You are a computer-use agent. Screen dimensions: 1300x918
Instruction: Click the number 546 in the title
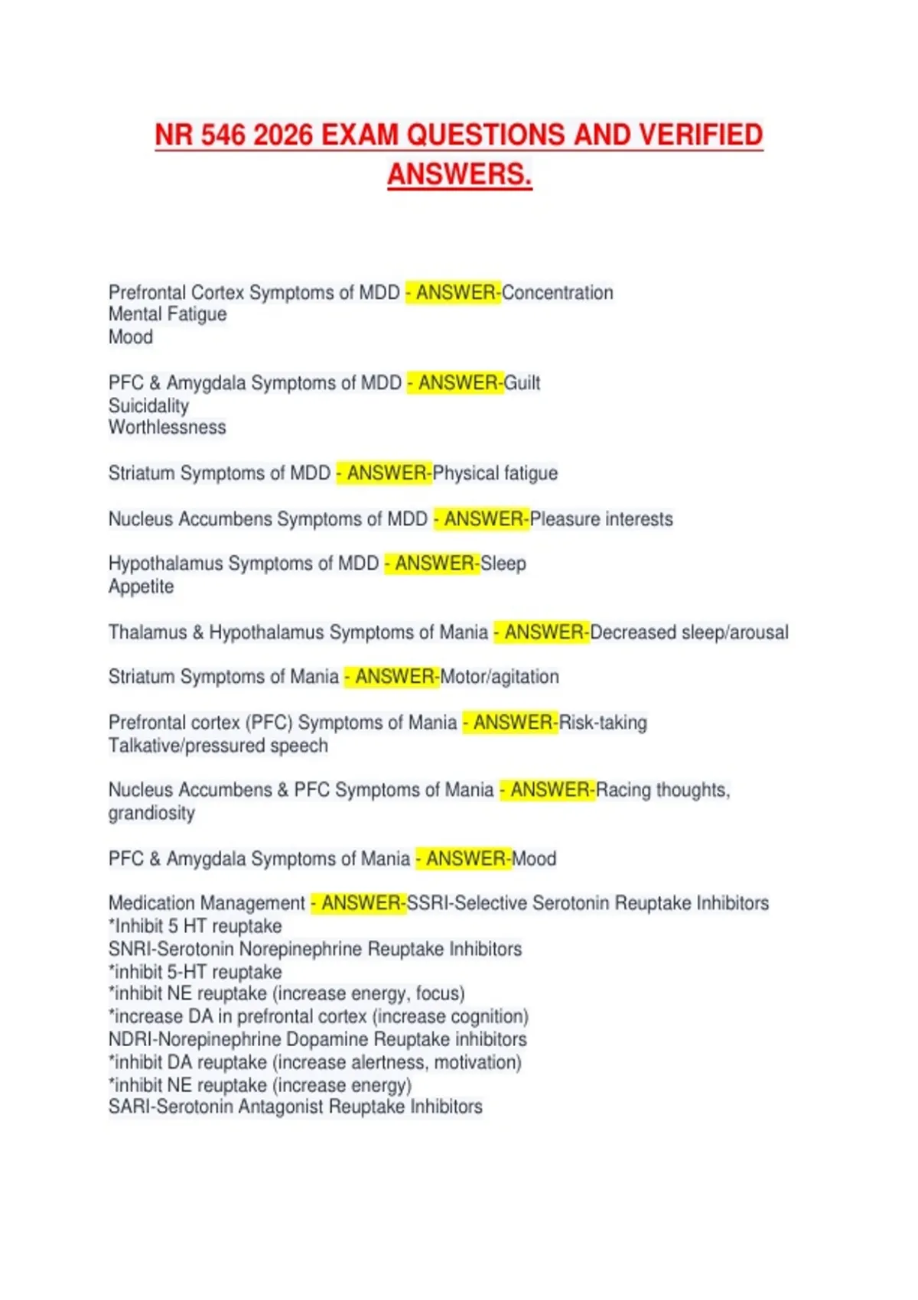pyautogui.click(x=223, y=135)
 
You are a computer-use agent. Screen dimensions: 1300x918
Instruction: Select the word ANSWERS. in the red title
pyautogui.click(x=459, y=174)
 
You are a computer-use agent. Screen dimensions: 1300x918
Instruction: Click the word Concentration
pyautogui.click(x=558, y=293)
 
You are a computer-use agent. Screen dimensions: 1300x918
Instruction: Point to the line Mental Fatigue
pyautogui.click(x=168, y=314)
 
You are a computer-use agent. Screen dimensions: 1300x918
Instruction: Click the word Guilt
pyautogui.click(x=522, y=383)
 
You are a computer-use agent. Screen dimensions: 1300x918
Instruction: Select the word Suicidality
pyautogui.click(x=148, y=405)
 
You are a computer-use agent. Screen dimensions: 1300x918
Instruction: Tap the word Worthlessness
pyautogui.click(x=168, y=427)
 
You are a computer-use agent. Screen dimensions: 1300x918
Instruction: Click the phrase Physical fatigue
pyautogui.click(x=495, y=473)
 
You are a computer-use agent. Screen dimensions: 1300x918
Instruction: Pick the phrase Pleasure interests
pyautogui.click(x=601, y=519)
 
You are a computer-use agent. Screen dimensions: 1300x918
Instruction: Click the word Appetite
pyautogui.click(x=141, y=587)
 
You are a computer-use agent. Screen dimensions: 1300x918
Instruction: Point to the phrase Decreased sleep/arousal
pyautogui.click(x=689, y=632)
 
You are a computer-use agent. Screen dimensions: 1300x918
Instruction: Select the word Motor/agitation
pyautogui.click(x=500, y=677)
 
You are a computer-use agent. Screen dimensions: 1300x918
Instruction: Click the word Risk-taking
pyautogui.click(x=603, y=723)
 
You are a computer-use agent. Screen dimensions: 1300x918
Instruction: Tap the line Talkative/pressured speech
pyautogui.click(x=218, y=746)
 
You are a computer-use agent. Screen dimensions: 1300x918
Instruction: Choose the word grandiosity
pyautogui.click(x=151, y=813)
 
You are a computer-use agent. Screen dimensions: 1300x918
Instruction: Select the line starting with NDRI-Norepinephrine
pyautogui.click(x=317, y=1039)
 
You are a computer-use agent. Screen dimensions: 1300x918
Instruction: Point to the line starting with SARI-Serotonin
pyautogui.click(x=295, y=1107)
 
